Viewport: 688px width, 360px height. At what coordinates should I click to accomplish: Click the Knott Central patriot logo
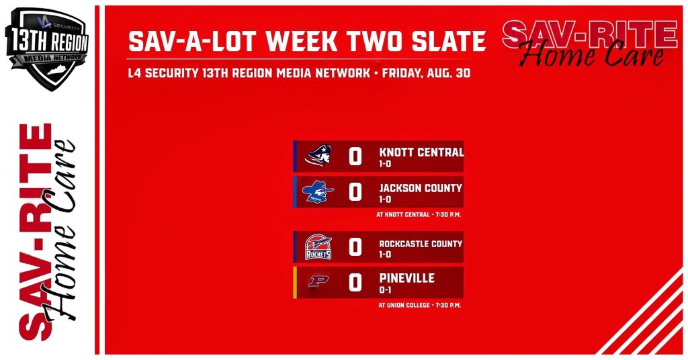318,156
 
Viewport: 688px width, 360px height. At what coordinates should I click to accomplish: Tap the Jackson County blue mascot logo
318,192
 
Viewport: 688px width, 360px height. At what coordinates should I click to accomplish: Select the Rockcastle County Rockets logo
318,247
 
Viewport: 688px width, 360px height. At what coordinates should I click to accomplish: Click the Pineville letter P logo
318,281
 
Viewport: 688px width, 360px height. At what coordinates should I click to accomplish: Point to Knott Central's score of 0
355,156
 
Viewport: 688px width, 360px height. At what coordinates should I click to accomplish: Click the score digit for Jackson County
355,192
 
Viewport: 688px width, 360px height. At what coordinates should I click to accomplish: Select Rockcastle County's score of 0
355,247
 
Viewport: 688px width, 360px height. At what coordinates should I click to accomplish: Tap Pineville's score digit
355,283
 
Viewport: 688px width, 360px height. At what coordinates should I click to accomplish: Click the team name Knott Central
421,152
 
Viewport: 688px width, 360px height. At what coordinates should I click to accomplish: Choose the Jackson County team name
421,188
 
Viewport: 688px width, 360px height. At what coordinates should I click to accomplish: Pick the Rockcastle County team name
421,244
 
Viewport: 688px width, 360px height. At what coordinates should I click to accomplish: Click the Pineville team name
406,278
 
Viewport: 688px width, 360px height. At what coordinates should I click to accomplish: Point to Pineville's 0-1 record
385,290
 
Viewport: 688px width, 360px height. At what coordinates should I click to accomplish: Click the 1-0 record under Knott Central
385,164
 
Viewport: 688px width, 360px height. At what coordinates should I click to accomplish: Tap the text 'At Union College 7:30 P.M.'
419,305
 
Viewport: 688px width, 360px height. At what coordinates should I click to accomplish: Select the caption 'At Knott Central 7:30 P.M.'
419,215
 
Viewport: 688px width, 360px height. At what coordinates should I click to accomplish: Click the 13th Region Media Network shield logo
47,48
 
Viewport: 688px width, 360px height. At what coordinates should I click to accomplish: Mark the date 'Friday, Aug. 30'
426,73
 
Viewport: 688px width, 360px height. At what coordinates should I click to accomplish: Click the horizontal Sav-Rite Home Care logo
590,43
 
